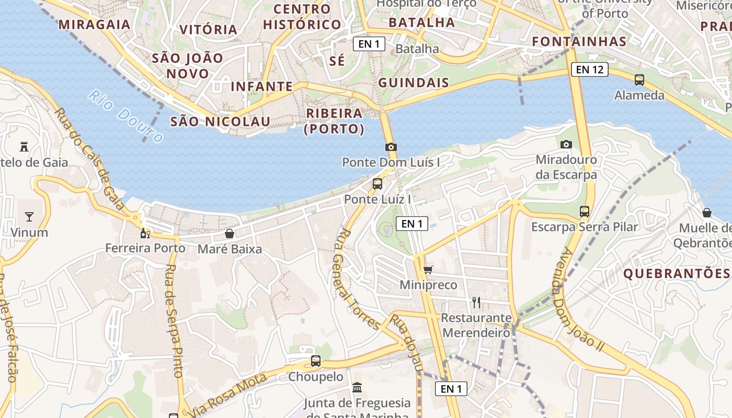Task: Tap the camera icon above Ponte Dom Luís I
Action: point(391,147)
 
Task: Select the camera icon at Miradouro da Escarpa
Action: point(566,144)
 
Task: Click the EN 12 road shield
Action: point(590,69)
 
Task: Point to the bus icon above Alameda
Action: point(639,80)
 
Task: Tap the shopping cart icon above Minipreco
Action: point(428,270)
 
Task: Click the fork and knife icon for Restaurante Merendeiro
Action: point(476,302)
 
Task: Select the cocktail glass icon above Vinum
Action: point(29,217)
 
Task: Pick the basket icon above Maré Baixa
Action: point(229,234)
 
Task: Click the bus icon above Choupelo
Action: point(315,361)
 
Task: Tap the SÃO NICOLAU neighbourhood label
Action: point(220,122)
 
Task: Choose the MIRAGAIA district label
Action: point(94,24)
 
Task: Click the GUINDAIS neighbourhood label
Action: point(413,83)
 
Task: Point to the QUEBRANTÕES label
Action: point(676,273)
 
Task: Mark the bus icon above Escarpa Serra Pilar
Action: point(585,212)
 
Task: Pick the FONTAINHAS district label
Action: point(579,42)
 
